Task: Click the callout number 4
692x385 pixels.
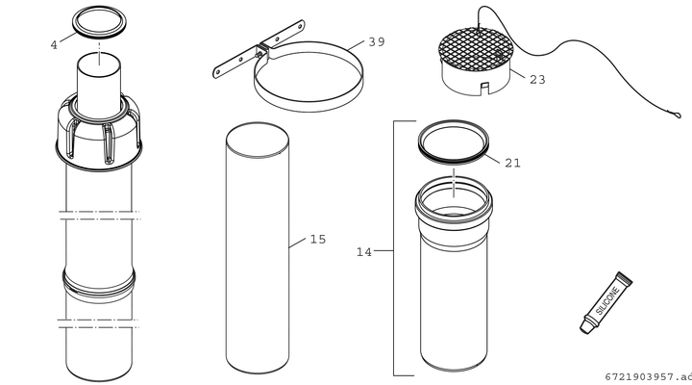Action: click(x=54, y=45)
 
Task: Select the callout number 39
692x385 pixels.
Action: click(x=377, y=42)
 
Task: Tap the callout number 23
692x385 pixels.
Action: click(x=537, y=80)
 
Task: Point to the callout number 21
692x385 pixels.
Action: click(x=512, y=163)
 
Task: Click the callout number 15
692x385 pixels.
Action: click(x=318, y=239)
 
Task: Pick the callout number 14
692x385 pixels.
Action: click(x=364, y=252)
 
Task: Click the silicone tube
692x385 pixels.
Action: click(x=605, y=303)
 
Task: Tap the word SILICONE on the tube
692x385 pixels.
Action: click(x=608, y=300)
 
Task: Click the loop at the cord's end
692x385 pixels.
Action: click(x=675, y=115)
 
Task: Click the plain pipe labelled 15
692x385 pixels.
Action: click(x=258, y=247)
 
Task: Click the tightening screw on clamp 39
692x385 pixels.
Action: click(x=259, y=54)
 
